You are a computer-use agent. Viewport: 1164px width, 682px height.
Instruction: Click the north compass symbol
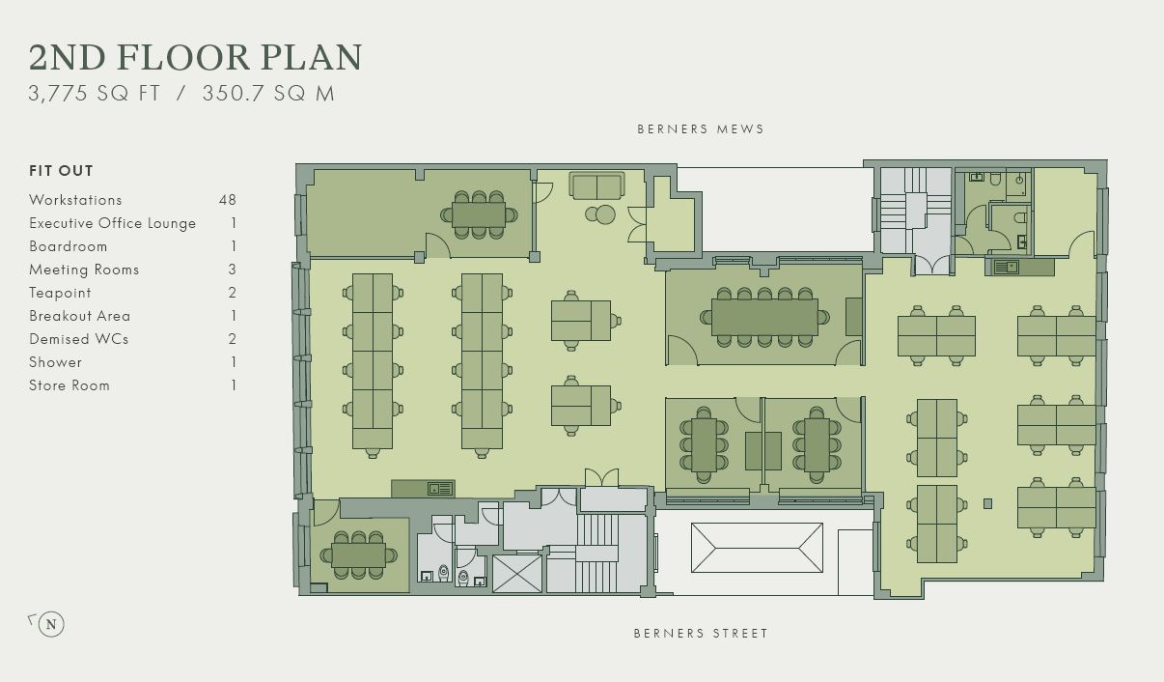[x=51, y=624]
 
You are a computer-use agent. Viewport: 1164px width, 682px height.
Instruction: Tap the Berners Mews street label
[x=701, y=129]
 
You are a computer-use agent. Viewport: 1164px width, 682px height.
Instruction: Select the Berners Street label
[x=701, y=633]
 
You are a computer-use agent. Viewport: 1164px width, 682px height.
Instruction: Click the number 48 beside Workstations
[x=228, y=200]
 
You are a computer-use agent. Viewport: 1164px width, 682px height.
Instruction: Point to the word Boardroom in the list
[x=69, y=246]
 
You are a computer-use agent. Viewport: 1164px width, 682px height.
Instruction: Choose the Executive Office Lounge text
[x=113, y=223]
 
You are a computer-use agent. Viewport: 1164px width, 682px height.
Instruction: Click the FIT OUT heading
[x=61, y=171]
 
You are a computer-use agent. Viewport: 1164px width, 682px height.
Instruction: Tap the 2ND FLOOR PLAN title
[x=195, y=57]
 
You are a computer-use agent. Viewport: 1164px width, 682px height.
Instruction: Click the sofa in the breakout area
[x=596, y=185]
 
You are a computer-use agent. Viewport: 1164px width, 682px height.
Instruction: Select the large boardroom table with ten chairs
[x=764, y=317]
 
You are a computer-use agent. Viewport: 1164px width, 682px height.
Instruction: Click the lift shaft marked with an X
[x=517, y=573]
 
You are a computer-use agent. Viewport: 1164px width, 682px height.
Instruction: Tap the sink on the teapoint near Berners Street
[x=440, y=489]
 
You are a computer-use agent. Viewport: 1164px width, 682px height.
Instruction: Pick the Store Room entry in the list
[x=69, y=385]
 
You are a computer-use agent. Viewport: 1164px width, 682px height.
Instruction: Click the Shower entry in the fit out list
[x=56, y=362]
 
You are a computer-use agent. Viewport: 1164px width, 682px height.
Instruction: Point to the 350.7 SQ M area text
[x=268, y=94]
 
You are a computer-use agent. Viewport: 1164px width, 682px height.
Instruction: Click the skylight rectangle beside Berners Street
[x=757, y=548]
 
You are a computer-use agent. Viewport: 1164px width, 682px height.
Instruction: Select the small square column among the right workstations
[x=987, y=503]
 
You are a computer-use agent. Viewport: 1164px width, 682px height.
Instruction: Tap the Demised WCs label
[x=79, y=339]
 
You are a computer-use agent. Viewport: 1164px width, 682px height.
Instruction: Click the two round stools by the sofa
[x=600, y=214]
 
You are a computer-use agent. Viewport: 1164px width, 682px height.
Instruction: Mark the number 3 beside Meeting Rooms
[x=232, y=270]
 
